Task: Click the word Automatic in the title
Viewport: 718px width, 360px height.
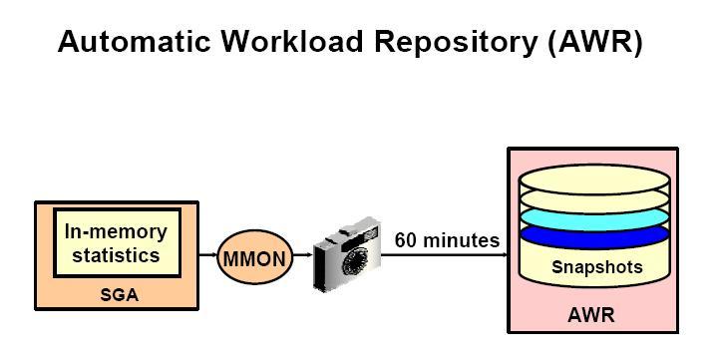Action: pyautogui.click(x=135, y=41)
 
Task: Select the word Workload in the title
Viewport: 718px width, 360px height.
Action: pyautogui.click(x=292, y=41)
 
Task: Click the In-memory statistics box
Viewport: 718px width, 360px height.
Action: pyautogui.click(x=118, y=242)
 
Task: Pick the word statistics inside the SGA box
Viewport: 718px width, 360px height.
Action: pyautogui.click(x=116, y=255)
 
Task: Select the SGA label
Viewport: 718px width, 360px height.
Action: pyautogui.click(x=119, y=294)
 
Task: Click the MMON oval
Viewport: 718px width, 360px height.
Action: pyautogui.click(x=254, y=257)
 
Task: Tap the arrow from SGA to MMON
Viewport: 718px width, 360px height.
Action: pyautogui.click(x=207, y=254)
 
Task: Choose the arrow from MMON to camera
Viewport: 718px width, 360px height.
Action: pyautogui.click(x=303, y=254)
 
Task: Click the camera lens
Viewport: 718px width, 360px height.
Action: pyautogui.click(x=356, y=261)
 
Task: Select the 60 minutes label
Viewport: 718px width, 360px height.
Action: pyautogui.click(x=447, y=240)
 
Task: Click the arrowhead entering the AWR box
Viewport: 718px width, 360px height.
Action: pyautogui.click(x=506, y=254)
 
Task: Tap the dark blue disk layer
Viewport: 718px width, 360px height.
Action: pyautogui.click(x=594, y=236)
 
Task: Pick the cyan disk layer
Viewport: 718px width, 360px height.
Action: pyautogui.click(x=594, y=218)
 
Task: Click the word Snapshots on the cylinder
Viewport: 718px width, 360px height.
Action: pyautogui.click(x=597, y=266)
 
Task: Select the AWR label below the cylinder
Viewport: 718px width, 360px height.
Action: pyautogui.click(x=591, y=315)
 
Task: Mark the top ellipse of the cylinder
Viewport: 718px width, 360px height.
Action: pyautogui.click(x=594, y=179)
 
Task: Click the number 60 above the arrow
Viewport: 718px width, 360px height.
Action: pyautogui.click(x=406, y=240)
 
